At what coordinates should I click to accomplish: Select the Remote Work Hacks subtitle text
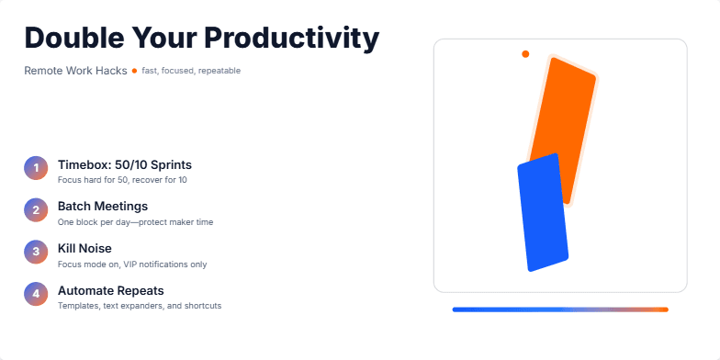coord(75,71)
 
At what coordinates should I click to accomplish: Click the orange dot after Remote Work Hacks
coord(134,71)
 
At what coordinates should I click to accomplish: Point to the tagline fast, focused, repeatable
coord(191,71)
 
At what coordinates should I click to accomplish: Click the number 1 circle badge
coord(36,168)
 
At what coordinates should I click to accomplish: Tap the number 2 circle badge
coord(36,210)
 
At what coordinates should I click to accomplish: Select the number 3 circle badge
coord(36,252)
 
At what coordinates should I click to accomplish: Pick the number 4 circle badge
coord(36,294)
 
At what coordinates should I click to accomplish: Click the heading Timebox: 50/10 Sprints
coord(124,164)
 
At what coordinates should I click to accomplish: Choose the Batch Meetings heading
coord(102,206)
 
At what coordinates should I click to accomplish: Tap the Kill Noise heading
coord(84,248)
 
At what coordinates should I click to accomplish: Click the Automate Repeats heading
coord(110,290)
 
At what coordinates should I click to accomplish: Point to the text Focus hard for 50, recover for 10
coord(122,180)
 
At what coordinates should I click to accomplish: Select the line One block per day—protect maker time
coord(135,222)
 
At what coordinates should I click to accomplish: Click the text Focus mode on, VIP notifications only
coord(132,264)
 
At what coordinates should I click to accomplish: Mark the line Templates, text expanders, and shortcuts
coord(139,306)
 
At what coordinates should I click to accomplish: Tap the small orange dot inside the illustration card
coord(525,54)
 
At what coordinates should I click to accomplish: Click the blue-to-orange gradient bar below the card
coord(560,309)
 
